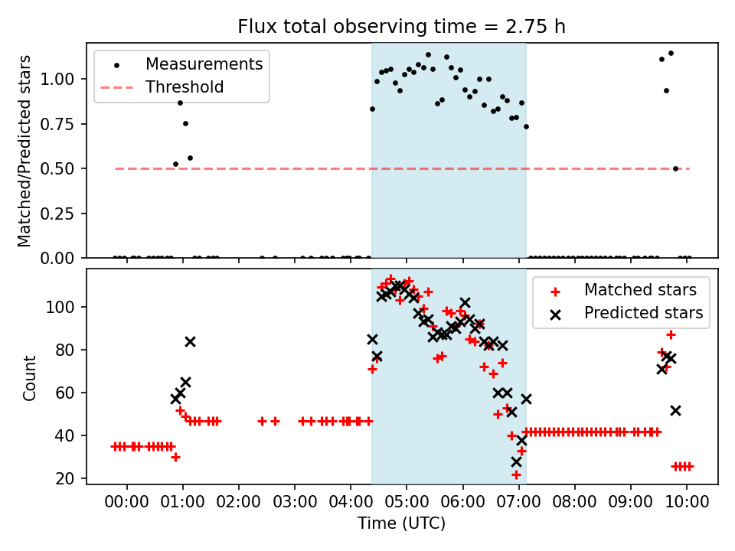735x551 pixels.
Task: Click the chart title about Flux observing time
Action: coord(401,27)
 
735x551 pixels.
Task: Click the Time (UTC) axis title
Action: coord(401,523)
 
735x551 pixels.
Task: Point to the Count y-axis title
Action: coord(30,377)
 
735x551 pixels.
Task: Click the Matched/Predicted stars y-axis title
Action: coord(25,151)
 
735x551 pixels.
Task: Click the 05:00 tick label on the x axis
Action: coord(407,504)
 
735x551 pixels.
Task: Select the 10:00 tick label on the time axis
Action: coord(687,504)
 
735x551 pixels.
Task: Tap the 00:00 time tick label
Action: coord(126,504)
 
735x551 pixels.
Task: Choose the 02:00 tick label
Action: coord(238,504)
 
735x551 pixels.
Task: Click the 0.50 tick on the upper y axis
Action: coord(62,168)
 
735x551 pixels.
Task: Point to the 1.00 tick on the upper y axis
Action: coord(62,79)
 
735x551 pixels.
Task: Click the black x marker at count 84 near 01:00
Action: coord(190,341)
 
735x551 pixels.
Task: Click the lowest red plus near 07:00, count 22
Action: coord(516,474)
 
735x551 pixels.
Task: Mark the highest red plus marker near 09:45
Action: coord(671,334)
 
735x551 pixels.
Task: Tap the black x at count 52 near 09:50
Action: coord(675,410)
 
